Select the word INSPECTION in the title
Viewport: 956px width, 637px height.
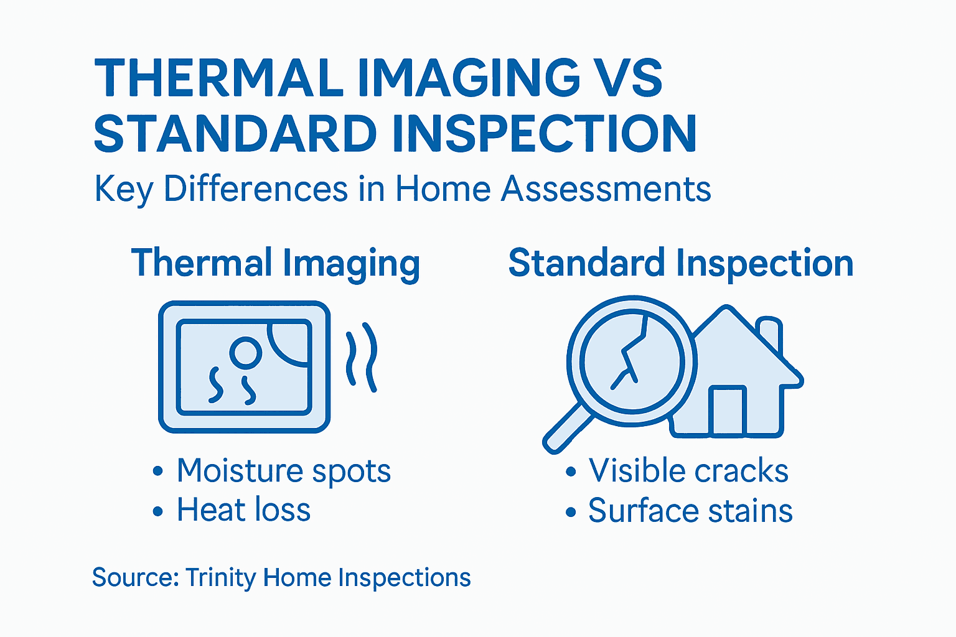tap(540, 134)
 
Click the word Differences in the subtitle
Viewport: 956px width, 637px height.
tap(255, 188)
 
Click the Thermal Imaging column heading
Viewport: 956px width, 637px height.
tap(276, 263)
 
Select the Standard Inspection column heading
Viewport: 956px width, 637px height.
tap(680, 263)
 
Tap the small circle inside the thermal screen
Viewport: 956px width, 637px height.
tap(245, 352)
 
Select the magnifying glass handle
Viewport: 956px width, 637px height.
tap(567, 429)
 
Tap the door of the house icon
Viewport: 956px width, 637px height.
tap(727, 411)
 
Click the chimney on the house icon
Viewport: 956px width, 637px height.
tap(771, 333)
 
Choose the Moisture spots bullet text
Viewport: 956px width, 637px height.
tap(283, 471)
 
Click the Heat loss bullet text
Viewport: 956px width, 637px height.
tap(243, 510)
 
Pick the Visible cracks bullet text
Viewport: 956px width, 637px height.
tap(688, 471)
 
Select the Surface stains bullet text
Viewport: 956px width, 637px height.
tap(690, 511)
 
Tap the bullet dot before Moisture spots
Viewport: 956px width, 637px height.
tap(158, 472)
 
